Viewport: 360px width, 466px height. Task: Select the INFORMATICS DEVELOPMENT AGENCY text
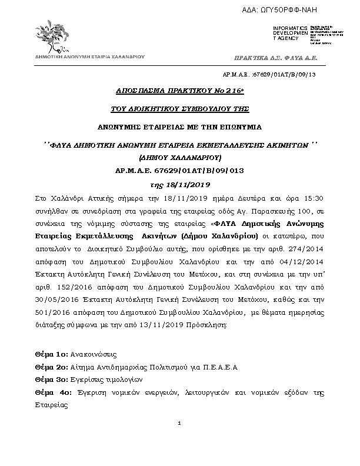point(289,34)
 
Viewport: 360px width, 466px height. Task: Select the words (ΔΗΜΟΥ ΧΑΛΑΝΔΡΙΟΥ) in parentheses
point(180,158)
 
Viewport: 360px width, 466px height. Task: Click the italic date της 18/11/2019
point(180,185)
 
